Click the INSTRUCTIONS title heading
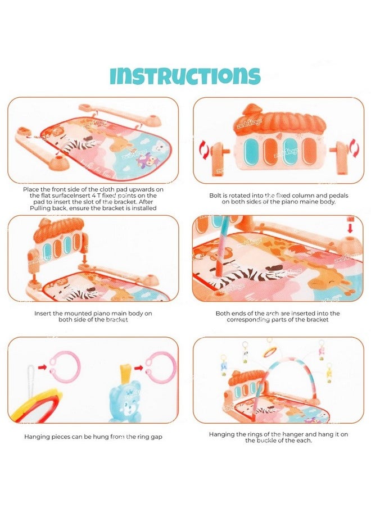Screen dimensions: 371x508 click(185, 76)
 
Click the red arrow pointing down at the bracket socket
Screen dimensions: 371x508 click(350, 227)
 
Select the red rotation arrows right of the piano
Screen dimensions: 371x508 click(354, 148)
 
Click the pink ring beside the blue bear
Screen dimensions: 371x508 click(161, 368)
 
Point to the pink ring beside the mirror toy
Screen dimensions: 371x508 click(65, 368)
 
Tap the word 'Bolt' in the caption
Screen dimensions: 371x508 click(215, 196)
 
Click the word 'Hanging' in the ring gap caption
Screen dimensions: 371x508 click(35, 437)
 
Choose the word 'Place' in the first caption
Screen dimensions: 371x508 click(30, 189)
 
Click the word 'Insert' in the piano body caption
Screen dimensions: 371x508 click(43, 314)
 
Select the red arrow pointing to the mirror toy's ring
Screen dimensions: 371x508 click(43, 368)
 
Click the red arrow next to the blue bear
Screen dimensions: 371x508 click(139, 368)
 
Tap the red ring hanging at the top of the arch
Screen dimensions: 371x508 click(270, 352)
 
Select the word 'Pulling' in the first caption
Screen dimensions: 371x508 click(40, 208)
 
